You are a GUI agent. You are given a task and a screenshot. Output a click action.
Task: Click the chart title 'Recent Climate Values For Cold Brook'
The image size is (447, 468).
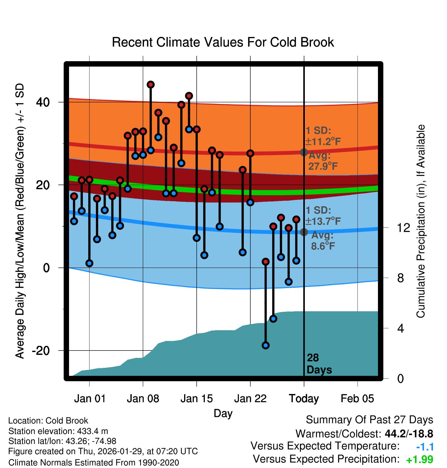(x=223, y=42)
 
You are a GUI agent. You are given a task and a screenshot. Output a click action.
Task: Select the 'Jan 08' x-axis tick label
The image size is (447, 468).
(x=143, y=399)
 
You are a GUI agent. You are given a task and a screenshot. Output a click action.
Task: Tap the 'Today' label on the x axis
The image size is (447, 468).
(x=304, y=399)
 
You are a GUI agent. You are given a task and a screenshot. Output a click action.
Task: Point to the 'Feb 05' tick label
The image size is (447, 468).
(x=357, y=399)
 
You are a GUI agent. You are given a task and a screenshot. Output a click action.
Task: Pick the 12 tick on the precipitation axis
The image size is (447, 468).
(x=403, y=228)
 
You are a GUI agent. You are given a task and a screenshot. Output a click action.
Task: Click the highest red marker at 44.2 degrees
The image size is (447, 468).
(x=151, y=84)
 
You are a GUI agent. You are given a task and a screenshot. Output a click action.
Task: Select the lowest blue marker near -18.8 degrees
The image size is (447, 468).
(x=265, y=345)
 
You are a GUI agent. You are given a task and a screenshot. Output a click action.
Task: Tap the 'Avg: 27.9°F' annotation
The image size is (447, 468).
(x=323, y=161)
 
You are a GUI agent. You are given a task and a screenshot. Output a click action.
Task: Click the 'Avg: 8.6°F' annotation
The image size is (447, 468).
(x=323, y=241)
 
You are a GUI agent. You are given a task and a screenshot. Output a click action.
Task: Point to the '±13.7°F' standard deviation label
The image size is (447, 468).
(x=323, y=221)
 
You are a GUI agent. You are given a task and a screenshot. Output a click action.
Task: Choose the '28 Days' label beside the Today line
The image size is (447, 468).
(x=319, y=364)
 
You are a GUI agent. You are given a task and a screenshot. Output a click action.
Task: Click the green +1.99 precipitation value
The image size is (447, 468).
(x=420, y=460)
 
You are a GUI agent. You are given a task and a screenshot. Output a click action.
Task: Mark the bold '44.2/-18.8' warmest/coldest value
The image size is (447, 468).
(x=409, y=434)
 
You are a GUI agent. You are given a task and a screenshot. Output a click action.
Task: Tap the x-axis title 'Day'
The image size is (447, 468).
(x=223, y=413)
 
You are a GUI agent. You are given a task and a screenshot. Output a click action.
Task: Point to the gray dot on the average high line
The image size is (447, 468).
(x=304, y=152)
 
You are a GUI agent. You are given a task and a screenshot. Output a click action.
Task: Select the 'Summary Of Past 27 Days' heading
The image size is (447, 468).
(x=369, y=420)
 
